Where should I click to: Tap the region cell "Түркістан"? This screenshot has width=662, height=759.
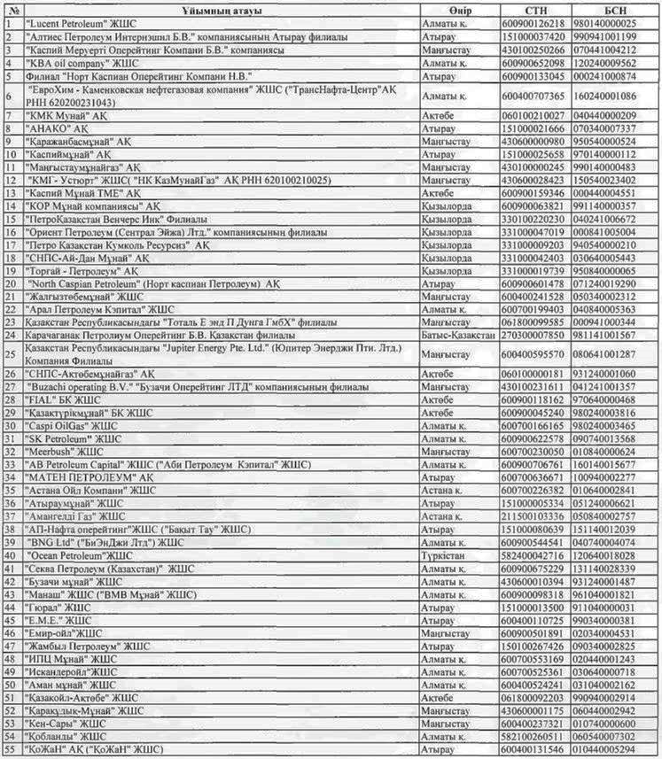pyautogui.click(x=446, y=555)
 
